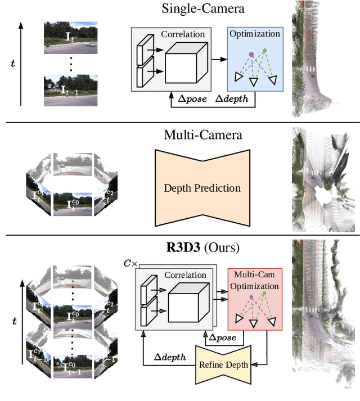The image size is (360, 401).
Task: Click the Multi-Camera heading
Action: (195, 135)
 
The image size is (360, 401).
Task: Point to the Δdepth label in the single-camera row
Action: (235, 98)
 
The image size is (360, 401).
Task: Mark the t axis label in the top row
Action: (13, 64)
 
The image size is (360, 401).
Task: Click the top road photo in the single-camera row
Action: (70, 37)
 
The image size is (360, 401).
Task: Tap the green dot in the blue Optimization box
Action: (264, 51)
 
